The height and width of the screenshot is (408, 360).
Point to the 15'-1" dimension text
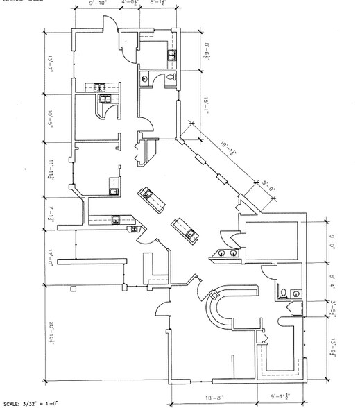pos(206,105)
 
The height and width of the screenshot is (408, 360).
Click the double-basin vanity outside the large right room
pos(228,253)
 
